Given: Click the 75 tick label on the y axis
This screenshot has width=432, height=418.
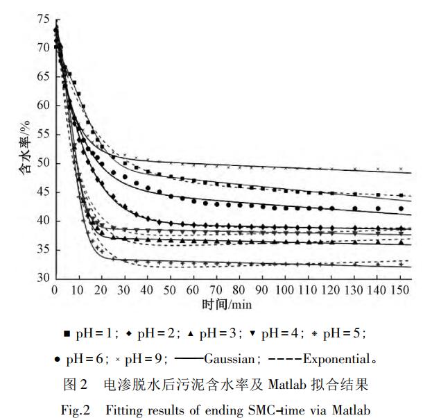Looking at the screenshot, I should click(x=43, y=19).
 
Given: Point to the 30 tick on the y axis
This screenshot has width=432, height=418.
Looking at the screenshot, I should click(x=43, y=278).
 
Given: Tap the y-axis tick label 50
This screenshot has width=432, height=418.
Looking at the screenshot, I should click(x=43, y=163).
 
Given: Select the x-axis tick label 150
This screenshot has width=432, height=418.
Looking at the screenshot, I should click(x=401, y=290).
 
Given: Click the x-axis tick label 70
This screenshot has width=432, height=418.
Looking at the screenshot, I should click(x=216, y=290).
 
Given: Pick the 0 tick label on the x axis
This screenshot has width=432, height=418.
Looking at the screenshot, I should click(x=54, y=290).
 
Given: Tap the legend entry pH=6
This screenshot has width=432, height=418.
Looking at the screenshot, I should click(x=91, y=360).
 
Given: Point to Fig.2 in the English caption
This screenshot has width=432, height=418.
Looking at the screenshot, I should click(x=76, y=408).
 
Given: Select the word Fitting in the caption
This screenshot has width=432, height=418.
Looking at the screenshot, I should click(x=123, y=408).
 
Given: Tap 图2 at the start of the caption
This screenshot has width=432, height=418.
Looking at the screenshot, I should click(x=76, y=383).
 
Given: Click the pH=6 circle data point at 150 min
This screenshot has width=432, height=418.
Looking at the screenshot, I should click(x=400, y=208).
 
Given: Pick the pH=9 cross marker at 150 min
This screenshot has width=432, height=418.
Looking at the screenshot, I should click(x=400, y=169).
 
